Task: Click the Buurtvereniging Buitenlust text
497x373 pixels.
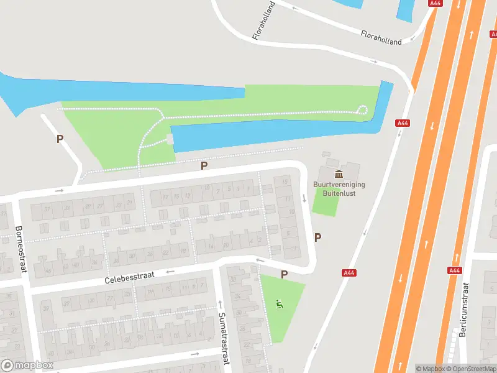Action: coord(339,189)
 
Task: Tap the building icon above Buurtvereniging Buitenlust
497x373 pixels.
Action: coord(339,173)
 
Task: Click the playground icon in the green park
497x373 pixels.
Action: coord(280,304)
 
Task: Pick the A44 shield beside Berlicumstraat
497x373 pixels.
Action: coord(455,270)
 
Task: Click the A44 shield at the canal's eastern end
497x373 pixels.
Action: coord(403,123)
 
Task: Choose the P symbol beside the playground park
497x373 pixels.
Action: coord(284,274)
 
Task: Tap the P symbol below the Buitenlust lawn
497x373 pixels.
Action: coord(318,237)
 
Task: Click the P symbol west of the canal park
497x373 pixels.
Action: coord(60,139)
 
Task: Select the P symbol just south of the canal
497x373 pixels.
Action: coord(204,165)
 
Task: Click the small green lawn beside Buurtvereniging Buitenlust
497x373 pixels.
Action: coord(324,201)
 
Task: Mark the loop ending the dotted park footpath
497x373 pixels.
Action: coord(362,111)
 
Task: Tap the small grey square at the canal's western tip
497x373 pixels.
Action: coord(170,139)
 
